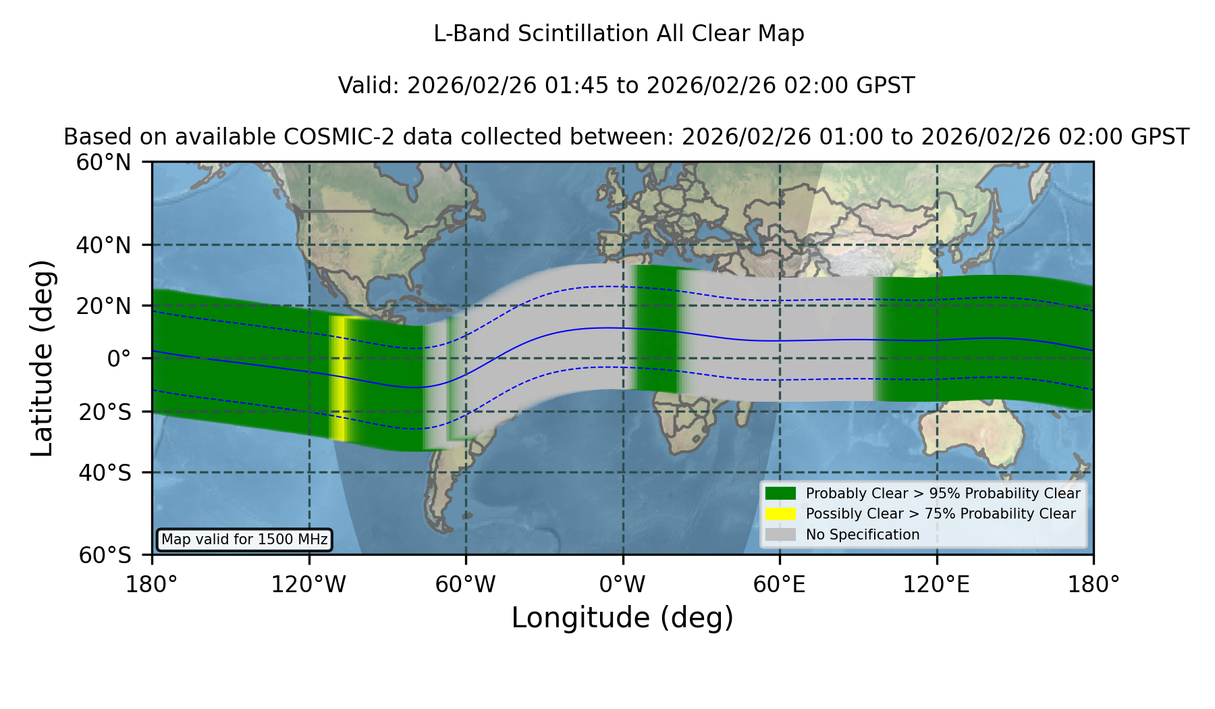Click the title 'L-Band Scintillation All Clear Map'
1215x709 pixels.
point(619,34)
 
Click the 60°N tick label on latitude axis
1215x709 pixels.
point(103,162)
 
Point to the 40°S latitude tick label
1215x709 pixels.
point(105,473)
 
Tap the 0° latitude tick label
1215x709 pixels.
point(119,358)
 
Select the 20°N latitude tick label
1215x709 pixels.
point(103,306)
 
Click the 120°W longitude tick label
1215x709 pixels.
point(308,585)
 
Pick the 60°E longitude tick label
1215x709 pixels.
point(780,585)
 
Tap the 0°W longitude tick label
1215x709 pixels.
point(622,585)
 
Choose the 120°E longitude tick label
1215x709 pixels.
point(936,585)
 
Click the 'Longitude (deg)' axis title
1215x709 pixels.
point(622,618)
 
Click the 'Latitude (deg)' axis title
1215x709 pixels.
point(42,358)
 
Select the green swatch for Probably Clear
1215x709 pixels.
point(780,493)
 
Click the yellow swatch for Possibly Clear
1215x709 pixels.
point(780,514)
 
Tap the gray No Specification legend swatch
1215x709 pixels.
point(780,535)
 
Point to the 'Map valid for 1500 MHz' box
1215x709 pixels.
point(244,540)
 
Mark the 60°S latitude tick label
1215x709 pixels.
point(105,555)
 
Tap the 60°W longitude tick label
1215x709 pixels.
point(465,585)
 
